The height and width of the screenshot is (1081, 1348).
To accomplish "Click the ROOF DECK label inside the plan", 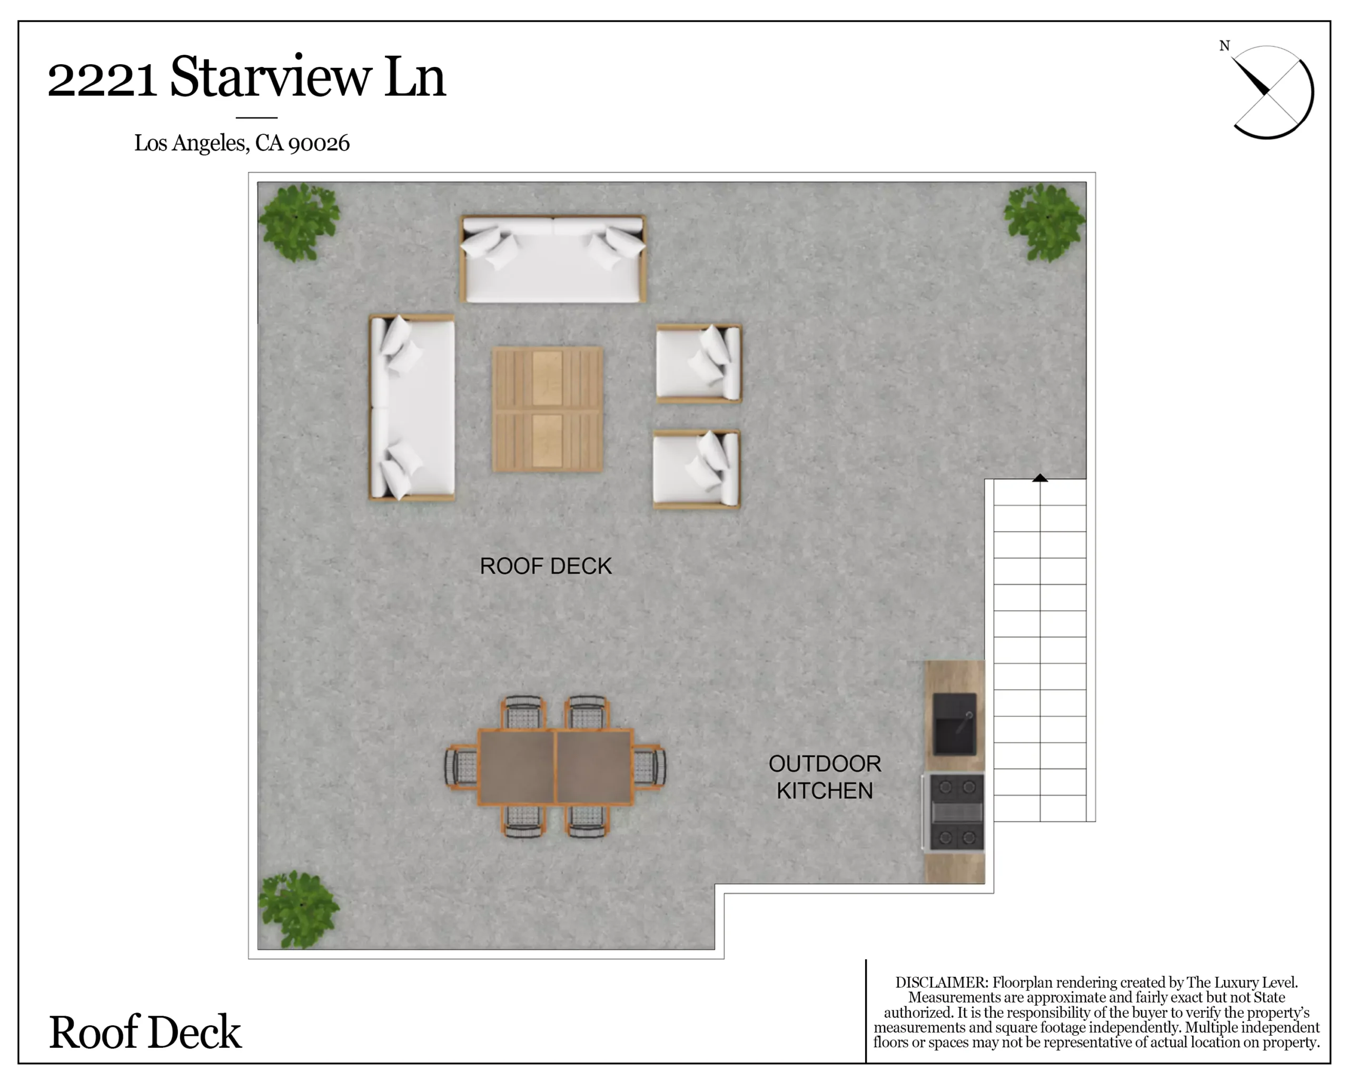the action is [x=545, y=566].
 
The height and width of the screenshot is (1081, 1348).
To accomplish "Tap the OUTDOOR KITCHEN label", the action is [x=825, y=777].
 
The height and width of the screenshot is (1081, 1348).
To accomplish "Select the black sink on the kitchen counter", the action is [x=954, y=724].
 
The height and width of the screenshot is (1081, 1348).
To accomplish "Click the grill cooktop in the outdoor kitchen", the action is [x=954, y=812].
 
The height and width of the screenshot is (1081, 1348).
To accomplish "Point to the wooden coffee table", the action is [x=548, y=410].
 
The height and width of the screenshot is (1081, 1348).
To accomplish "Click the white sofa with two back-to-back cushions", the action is [x=553, y=259].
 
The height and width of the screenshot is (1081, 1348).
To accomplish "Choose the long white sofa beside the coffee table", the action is [x=412, y=408].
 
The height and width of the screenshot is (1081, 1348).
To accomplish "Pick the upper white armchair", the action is [x=699, y=363].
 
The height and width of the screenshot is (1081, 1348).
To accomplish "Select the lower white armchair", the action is [x=697, y=469].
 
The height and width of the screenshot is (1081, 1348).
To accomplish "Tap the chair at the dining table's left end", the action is [x=461, y=766].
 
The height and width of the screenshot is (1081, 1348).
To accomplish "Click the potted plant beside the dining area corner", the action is [x=300, y=910].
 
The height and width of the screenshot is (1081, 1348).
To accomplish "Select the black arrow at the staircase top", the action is [x=1040, y=478].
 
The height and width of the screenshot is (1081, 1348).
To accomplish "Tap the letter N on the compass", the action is [x=1225, y=46].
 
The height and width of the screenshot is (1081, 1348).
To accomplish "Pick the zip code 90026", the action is [x=319, y=143].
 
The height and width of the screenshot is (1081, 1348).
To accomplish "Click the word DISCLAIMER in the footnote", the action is [x=941, y=982].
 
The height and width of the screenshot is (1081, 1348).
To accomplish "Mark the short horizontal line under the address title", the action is [x=256, y=117].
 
